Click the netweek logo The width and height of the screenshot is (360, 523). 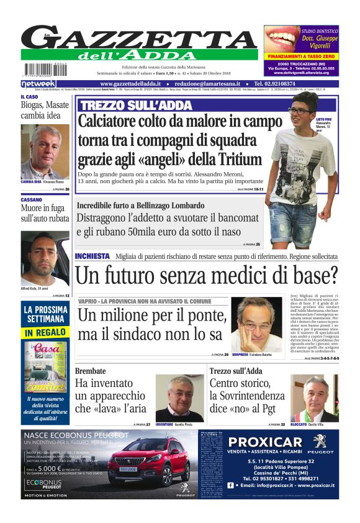(x=38, y=83)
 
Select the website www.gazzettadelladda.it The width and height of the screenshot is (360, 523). (x=133, y=83)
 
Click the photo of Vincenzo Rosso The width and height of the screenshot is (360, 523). (x=45, y=152)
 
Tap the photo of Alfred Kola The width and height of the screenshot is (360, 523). (x=45, y=257)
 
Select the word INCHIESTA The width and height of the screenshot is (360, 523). (x=92, y=256)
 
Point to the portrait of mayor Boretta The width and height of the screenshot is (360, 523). (x=256, y=324)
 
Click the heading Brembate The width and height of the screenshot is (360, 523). (x=91, y=371)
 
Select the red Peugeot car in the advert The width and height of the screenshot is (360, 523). (x=149, y=463)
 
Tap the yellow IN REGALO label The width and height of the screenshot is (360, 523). (x=45, y=333)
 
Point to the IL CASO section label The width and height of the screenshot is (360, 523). (x=29, y=97)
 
